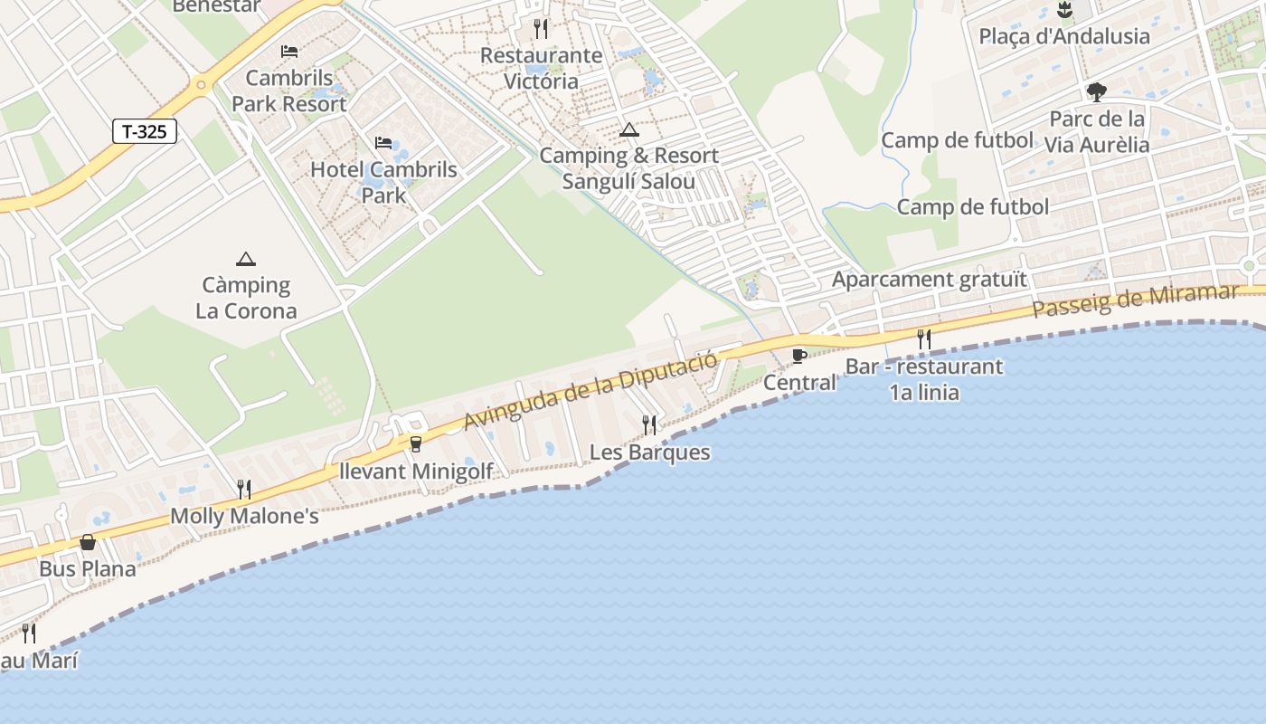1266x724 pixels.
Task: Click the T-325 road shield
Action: click(145, 131)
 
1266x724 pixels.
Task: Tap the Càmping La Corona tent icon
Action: click(245, 260)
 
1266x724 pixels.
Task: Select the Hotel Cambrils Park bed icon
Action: click(383, 143)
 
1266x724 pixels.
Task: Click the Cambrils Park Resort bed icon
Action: click(289, 52)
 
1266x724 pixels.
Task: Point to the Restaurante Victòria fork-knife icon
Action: click(541, 28)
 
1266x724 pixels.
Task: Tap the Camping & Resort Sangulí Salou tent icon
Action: click(629, 130)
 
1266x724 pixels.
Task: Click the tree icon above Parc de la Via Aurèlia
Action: click(1096, 92)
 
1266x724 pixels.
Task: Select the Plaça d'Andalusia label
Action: click(1064, 36)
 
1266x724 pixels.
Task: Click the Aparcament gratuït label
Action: click(930, 279)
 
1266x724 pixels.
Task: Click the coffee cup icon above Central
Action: click(798, 356)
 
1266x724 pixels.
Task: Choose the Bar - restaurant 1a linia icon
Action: click(924, 339)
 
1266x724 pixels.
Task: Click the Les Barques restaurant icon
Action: click(649, 424)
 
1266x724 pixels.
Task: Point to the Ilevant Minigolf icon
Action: click(416, 443)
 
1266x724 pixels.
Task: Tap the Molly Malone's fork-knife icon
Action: click(243, 490)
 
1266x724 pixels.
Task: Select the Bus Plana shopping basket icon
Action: click(88, 542)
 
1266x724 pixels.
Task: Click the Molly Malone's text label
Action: click(245, 517)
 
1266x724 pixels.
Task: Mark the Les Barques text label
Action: click(649, 452)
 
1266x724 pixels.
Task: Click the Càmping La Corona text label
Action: click(246, 299)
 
